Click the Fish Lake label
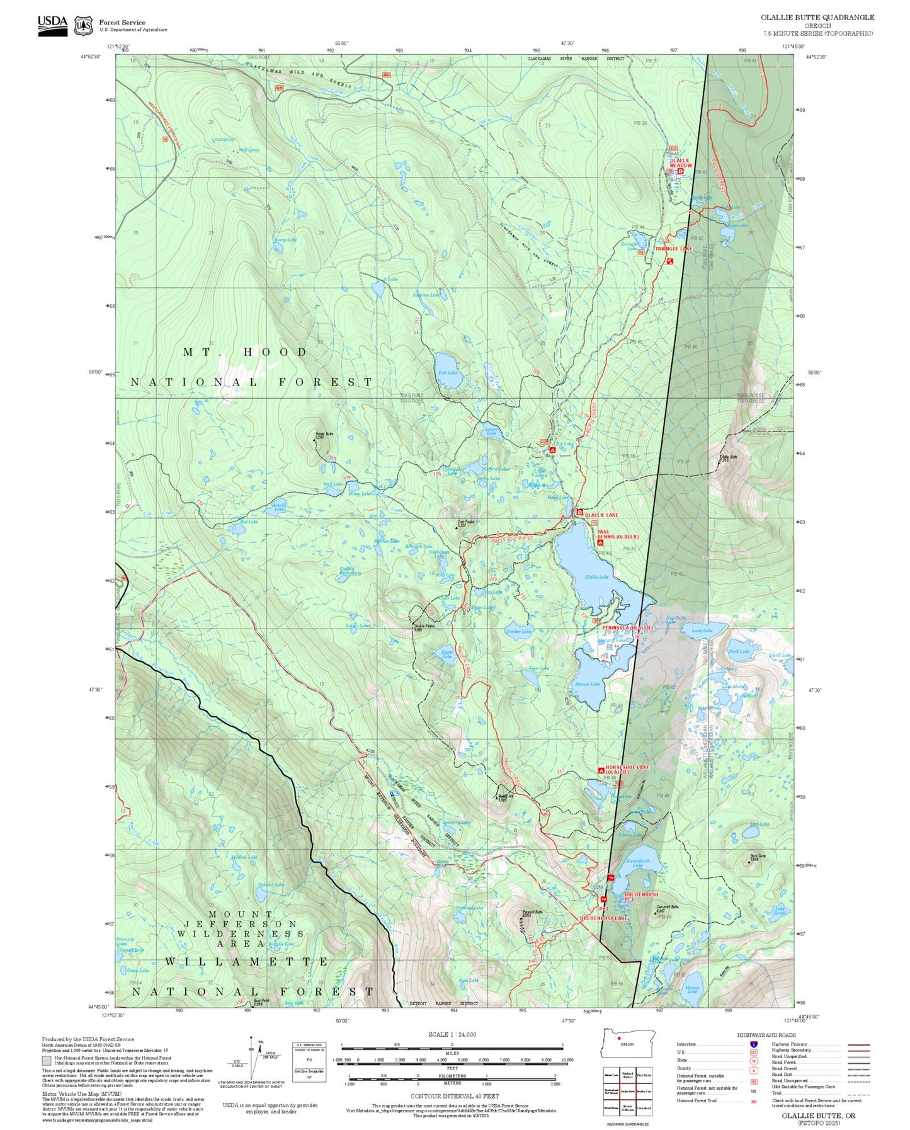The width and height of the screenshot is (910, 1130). point(447,373)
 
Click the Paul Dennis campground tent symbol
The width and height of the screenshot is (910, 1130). point(600,543)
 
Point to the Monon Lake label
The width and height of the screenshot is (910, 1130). point(588,684)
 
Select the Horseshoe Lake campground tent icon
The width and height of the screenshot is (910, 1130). point(601,770)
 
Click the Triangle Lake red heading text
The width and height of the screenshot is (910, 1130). point(673,249)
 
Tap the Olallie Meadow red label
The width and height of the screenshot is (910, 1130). point(680,163)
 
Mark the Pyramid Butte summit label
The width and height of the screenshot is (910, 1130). point(532,912)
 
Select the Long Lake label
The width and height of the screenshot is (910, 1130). point(702,631)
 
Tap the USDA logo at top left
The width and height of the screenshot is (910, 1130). point(52,25)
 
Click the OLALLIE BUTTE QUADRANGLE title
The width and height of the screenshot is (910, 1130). point(817,18)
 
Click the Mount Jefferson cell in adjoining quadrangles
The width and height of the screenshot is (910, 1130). point(627,1107)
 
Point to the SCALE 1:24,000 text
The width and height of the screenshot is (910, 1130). point(452,1034)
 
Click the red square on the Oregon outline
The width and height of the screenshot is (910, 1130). point(620,1039)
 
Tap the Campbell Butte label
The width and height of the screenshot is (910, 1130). point(667,907)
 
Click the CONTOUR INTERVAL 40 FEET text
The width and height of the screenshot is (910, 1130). point(452,1096)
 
